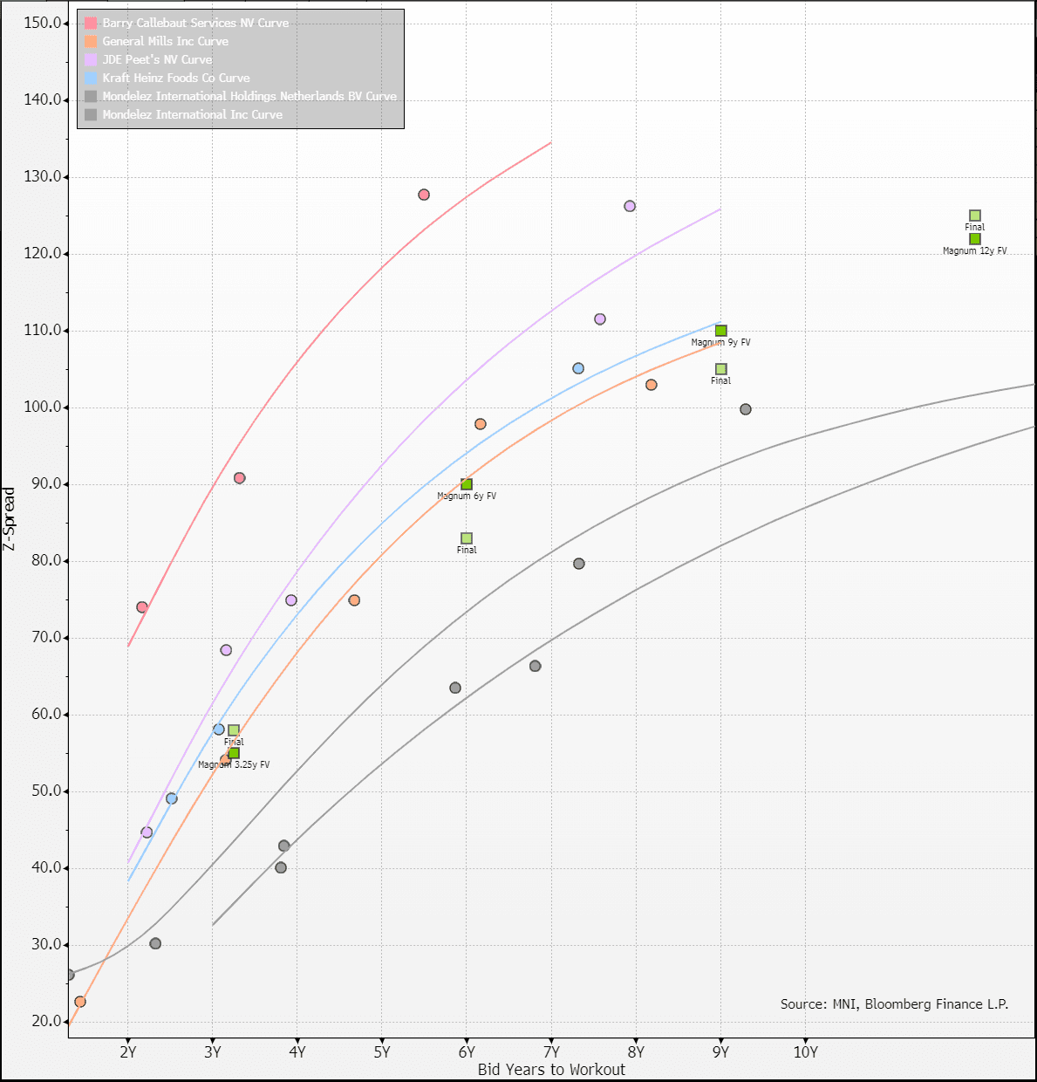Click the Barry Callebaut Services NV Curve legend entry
tap(195, 23)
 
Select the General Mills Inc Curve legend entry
tap(165, 41)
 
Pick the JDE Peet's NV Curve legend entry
tap(157, 59)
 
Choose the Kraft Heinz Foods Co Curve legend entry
tap(175, 78)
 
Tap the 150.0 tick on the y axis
tap(43, 23)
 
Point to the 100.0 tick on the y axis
tap(43, 407)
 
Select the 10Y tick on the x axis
tap(805, 1051)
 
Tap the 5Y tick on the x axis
tap(382, 1051)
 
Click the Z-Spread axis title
tap(10, 518)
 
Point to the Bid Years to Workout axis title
tap(551, 1070)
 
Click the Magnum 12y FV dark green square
tap(975, 239)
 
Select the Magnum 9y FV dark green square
tap(721, 331)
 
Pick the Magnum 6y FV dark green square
tap(467, 484)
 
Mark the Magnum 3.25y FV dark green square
tap(234, 753)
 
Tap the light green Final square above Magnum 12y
tap(975, 216)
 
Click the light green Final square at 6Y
tap(467, 538)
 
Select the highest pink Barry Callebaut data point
tap(424, 195)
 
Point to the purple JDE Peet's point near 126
tap(630, 206)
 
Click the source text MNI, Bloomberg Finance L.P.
tap(894, 1004)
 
